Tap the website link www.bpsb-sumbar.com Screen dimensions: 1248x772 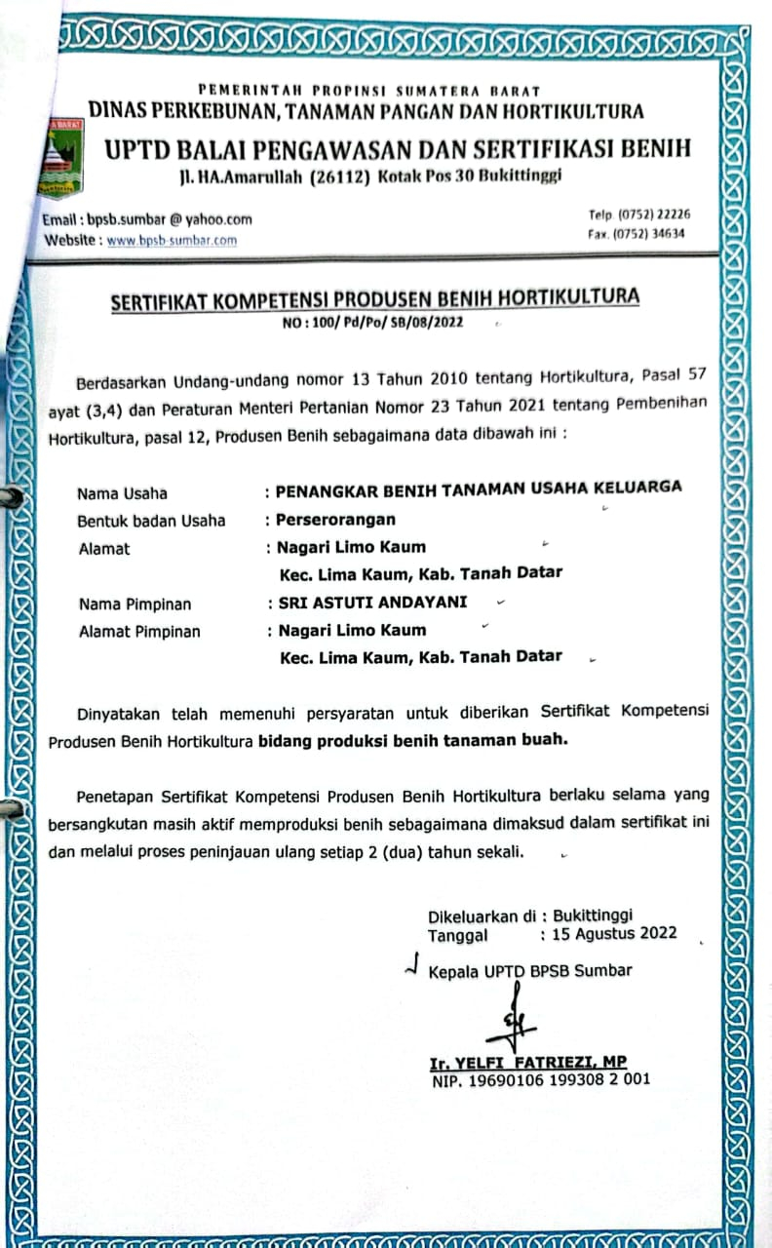click(172, 240)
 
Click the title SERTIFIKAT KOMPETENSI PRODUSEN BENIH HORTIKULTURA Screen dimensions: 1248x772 click(374, 297)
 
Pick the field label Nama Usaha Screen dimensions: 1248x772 click(122, 492)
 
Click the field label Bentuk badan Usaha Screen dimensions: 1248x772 click(151, 520)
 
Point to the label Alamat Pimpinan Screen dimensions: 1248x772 click(138, 631)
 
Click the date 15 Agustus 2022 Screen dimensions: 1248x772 click(614, 933)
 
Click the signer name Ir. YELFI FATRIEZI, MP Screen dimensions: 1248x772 click(527, 1062)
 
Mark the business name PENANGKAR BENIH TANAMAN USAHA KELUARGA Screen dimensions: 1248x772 click(479, 488)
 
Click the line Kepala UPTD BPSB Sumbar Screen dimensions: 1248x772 click(529, 970)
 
